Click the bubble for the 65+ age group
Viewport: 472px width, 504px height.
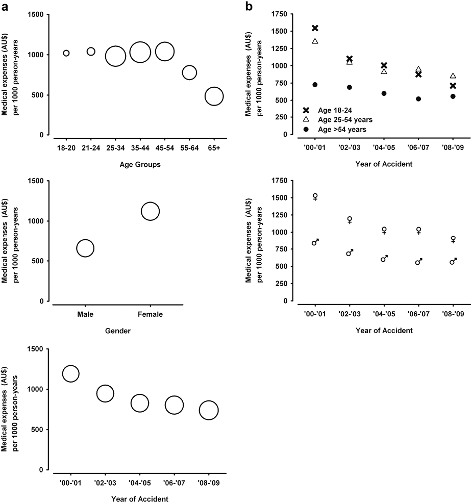pos(214,96)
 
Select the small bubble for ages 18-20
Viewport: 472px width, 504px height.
pos(66,53)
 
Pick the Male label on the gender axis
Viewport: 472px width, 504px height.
pos(85,314)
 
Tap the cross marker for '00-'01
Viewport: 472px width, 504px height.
pos(315,28)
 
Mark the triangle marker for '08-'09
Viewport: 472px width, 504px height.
pos(453,75)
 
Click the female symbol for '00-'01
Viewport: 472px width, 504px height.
pos(315,197)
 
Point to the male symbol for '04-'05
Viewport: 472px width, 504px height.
pos(384,258)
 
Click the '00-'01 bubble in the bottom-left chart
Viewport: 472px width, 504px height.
pos(70,373)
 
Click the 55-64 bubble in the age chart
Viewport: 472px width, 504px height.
pos(189,72)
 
